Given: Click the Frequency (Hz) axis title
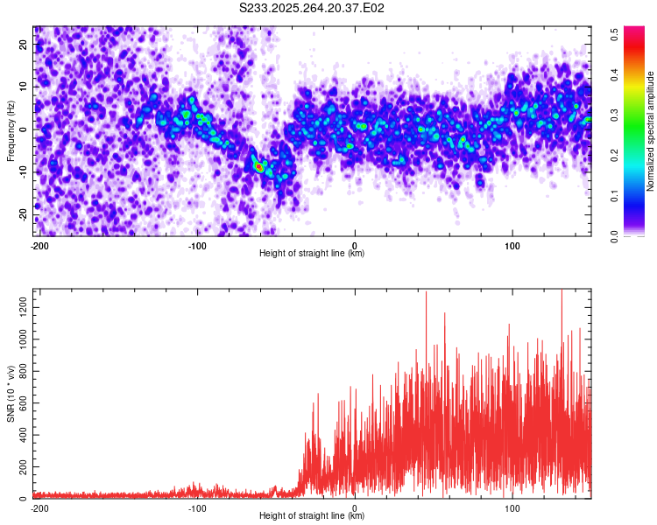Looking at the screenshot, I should (11, 131).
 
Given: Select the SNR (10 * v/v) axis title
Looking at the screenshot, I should (11, 394).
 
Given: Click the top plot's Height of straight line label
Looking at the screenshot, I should (312, 253).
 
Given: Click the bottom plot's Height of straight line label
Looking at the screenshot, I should (312, 515).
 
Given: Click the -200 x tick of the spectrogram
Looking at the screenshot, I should (39, 245).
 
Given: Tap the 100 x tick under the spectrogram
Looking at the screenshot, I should (512, 245).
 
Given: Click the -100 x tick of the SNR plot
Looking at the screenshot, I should (196, 507).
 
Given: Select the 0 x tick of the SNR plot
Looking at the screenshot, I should (354, 507).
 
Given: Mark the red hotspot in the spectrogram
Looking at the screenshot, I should (258, 165).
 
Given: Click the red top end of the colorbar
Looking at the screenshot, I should (633, 31).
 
